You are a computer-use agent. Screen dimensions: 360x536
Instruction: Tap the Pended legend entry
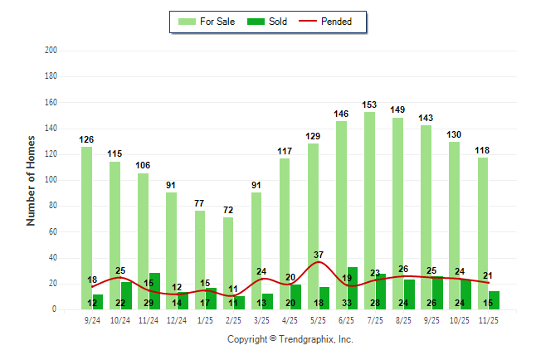click(331, 22)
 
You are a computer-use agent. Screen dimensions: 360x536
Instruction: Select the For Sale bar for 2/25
click(227, 249)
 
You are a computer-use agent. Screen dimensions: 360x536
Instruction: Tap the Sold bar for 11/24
click(154, 291)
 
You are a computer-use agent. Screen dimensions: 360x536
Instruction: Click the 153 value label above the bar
click(370, 105)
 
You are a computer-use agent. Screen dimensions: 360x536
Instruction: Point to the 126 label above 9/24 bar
click(86, 139)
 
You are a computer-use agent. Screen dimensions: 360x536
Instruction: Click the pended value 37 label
click(319, 254)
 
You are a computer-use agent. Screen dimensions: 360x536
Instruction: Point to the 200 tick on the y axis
click(51, 51)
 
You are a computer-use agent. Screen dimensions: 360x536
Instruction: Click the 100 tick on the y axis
click(51, 180)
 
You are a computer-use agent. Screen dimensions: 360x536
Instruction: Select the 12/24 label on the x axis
click(177, 319)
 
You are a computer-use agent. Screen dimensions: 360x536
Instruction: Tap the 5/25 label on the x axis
click(319, 319)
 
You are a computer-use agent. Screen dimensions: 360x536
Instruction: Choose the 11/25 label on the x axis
click(489, 319)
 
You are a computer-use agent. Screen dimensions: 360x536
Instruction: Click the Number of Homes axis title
click(32, 180)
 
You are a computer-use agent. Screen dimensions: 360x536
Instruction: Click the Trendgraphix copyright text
click(290, 339)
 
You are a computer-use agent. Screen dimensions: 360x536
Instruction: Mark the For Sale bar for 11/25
click(482, 224)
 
